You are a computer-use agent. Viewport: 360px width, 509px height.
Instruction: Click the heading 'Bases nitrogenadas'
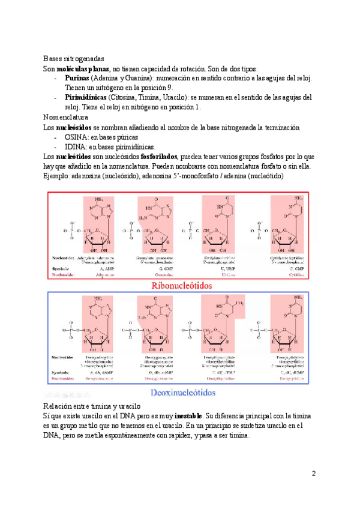74,59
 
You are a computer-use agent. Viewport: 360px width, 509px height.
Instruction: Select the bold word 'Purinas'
78,79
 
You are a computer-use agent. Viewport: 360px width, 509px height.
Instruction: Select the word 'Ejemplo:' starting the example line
58,176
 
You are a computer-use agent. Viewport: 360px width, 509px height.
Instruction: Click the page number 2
314,474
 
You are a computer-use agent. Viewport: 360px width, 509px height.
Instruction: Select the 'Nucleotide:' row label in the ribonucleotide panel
62,260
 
